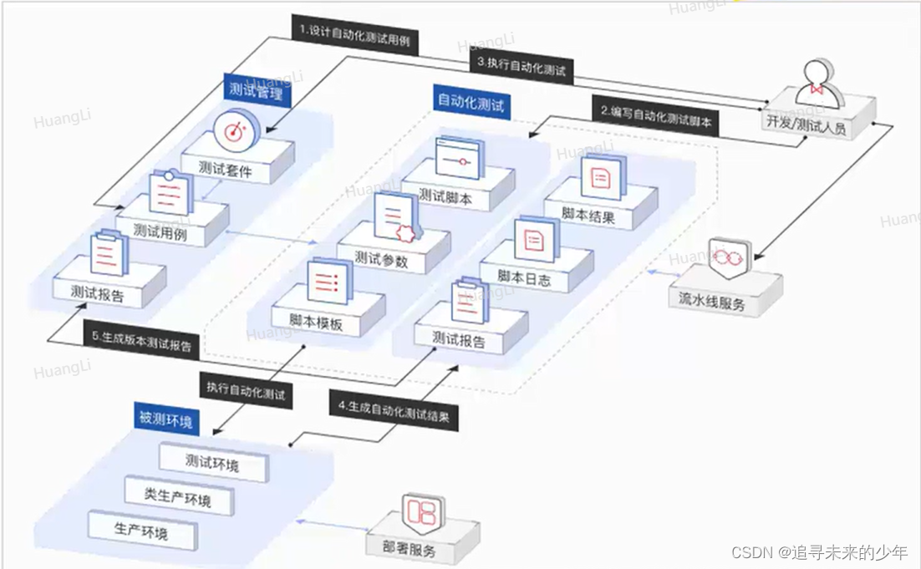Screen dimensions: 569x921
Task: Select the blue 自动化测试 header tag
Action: [x=473, y=102]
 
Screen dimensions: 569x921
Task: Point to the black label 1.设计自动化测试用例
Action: [x=358, y=36]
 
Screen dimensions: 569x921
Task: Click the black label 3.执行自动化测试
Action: [x=521, y=66]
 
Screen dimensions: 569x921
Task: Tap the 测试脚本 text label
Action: [x=445, y=197]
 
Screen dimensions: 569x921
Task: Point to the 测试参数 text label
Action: [x=381, y=260]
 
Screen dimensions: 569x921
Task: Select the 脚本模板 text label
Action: [x=316, y=323]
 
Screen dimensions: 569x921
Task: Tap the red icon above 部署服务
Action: [x=422, y=511]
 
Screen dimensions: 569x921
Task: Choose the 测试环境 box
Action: [x=212, y=462]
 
